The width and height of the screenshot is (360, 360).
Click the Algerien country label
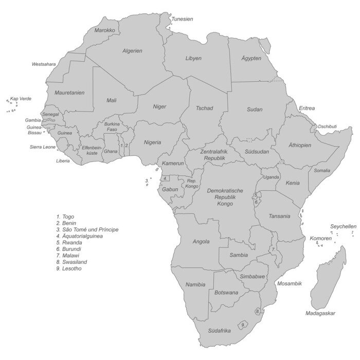click(x=132, y=51)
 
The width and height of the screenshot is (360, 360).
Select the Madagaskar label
click(x=320, y=313)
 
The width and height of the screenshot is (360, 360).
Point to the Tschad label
click(x=204, y=108)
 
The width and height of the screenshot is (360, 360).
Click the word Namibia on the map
click(x=195, y=284)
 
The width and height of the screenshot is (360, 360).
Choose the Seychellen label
click(x=343, y=226)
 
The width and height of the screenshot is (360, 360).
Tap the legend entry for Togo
click(x=65, y=217)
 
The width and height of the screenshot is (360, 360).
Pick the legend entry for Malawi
click(x=68, y=256)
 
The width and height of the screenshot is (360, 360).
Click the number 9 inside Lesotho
click(x=242, y=325)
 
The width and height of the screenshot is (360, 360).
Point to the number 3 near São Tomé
click(x=146, y=181)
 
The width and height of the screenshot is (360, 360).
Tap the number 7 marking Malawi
click(x=273, y=249)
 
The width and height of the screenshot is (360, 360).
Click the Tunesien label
click(x=182, y=19)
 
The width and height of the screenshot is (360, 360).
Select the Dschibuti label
click(x=327, y=127)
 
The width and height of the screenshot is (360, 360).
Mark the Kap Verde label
click(x=21, y=98)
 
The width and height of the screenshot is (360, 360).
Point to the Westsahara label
click(x=44, y=64)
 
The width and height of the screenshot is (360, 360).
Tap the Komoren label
click(x=320, y=239)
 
